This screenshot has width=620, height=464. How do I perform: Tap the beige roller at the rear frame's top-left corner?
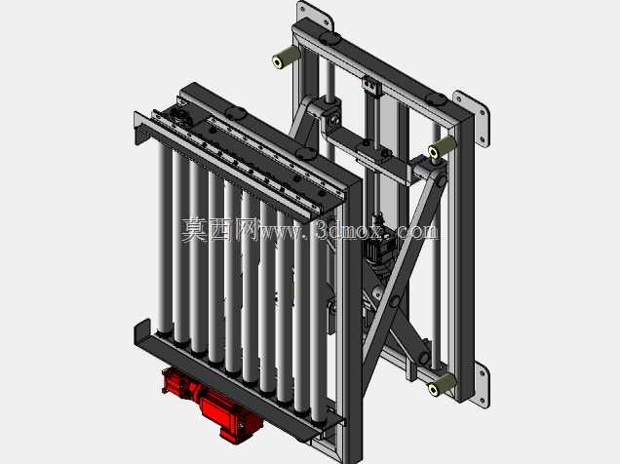[286, 58]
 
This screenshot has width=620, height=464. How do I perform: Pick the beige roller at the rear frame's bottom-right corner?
[442, 384]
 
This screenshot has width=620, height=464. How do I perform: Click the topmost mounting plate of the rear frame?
[314, 16]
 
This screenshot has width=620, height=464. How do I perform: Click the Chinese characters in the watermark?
[220, 230]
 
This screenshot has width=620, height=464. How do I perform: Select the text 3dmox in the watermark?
[349, 230]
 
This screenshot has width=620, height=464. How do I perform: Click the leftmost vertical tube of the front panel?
[164, 237]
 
